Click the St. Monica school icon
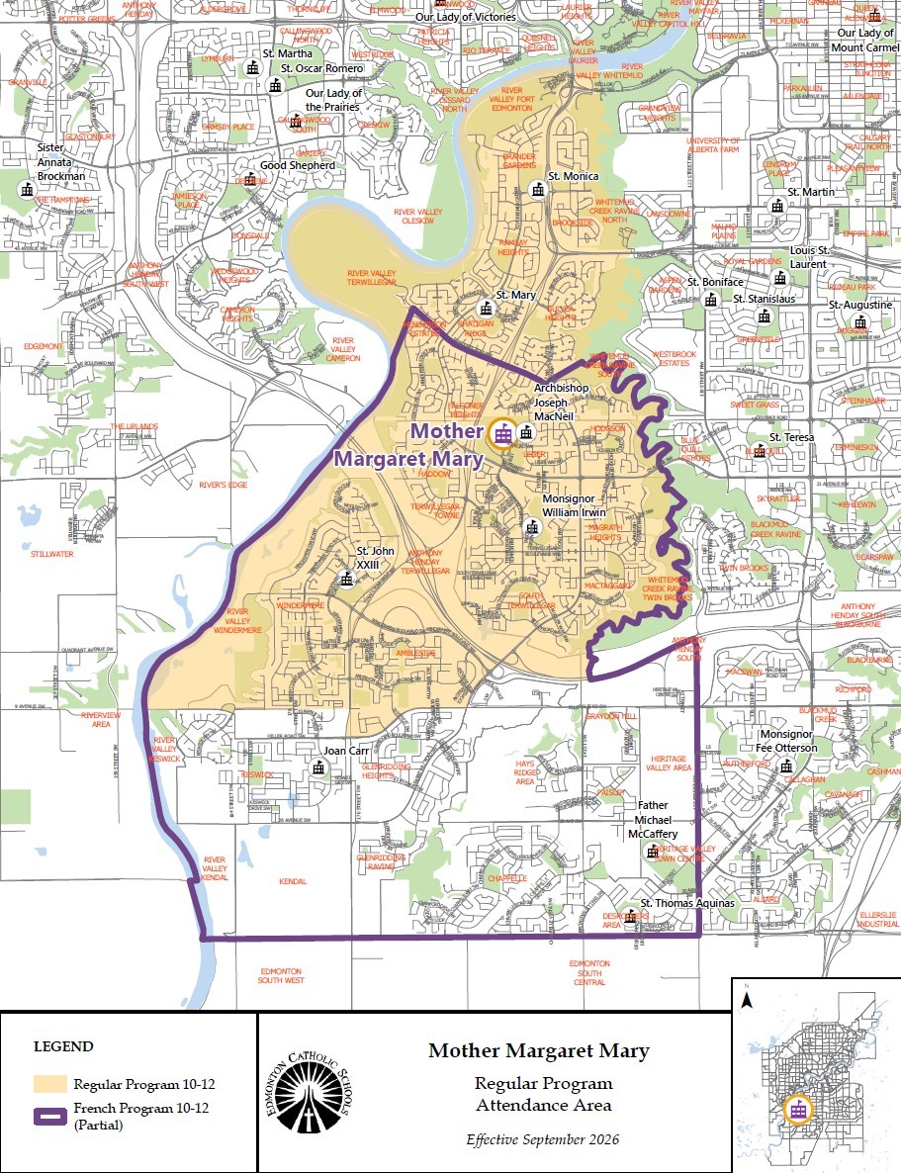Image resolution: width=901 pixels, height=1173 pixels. click(x=538, y=189)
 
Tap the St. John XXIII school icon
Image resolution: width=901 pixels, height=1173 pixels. click(x=346, y=579)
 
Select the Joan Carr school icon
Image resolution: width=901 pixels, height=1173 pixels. click(x=318, y=767)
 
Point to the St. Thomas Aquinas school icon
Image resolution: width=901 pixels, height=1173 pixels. click(x=629, y=915)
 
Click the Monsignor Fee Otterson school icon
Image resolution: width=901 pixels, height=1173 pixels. click(x=785, y=765)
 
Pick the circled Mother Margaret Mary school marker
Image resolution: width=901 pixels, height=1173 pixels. click(x=502, y=433)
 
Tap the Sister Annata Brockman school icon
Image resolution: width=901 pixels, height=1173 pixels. click(x=26, y=190)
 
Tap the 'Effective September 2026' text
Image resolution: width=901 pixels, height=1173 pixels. click(x=543, y=1139)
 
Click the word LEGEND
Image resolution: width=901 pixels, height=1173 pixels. click(x=64, y=1046)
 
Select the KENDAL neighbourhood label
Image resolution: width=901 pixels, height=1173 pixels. click(x=293, y=880)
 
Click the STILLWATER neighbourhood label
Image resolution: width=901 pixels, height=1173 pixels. click(x=51, y=554)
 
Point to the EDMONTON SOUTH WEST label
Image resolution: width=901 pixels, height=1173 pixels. click(x=280, y=975)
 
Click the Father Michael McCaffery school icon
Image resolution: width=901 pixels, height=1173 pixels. click(x=652, y=852)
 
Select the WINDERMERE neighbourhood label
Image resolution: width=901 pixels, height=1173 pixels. click(x=301, y=604)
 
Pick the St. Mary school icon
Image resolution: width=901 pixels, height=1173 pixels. click(x=486, y=308)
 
